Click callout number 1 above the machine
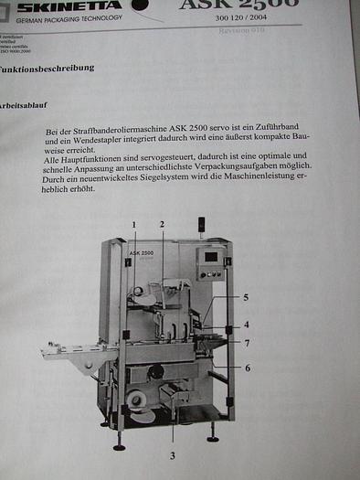click(x=133, y=224)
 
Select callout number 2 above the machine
click(x=162, y=224)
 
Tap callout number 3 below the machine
click(x=172, y=454)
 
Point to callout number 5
click(x=245, y=297)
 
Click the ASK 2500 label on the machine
click(x=141, y=251)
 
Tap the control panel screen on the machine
click(x=211, y=257)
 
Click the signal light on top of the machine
click(x=200, y=223)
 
